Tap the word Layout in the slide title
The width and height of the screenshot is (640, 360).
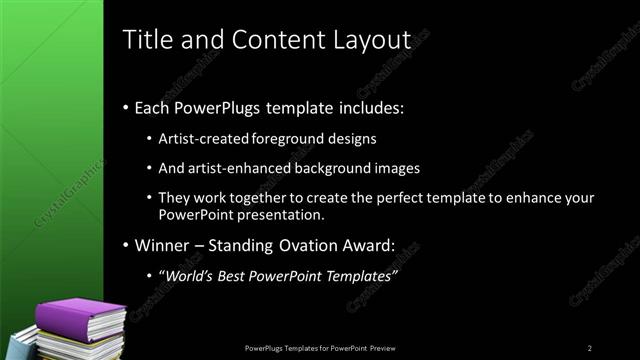(372, 40)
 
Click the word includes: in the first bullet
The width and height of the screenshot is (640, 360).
(367, 107)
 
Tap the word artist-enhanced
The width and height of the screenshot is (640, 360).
(239, 167)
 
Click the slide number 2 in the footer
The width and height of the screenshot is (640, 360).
(590, 347)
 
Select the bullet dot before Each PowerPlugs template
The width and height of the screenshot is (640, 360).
(125, 107)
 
